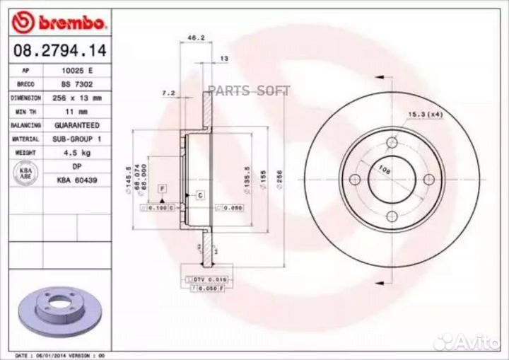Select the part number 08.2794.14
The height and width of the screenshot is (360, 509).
tap(54, 50)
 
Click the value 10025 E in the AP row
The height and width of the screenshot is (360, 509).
tap(78, 71)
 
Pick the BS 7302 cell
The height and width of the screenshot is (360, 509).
tap(78, 85)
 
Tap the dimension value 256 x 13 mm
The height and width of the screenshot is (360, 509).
tap(78, 98)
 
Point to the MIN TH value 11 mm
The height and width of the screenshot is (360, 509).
tap(78, 112)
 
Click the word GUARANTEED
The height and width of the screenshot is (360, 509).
tap(78, 125)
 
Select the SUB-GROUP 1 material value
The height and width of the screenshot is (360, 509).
tap(78, 139)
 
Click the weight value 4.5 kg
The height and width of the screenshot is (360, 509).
tap(78, 153)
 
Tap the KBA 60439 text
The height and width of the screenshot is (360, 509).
tap(78, 180)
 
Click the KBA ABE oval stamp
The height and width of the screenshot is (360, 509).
tap(25, 173)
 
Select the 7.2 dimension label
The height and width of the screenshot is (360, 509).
tap(168, 93)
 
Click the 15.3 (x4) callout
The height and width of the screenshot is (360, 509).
tap(424, 114)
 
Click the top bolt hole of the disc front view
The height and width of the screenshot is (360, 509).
tap(392, 144)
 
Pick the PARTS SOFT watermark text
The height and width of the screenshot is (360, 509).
tap(249, 90)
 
